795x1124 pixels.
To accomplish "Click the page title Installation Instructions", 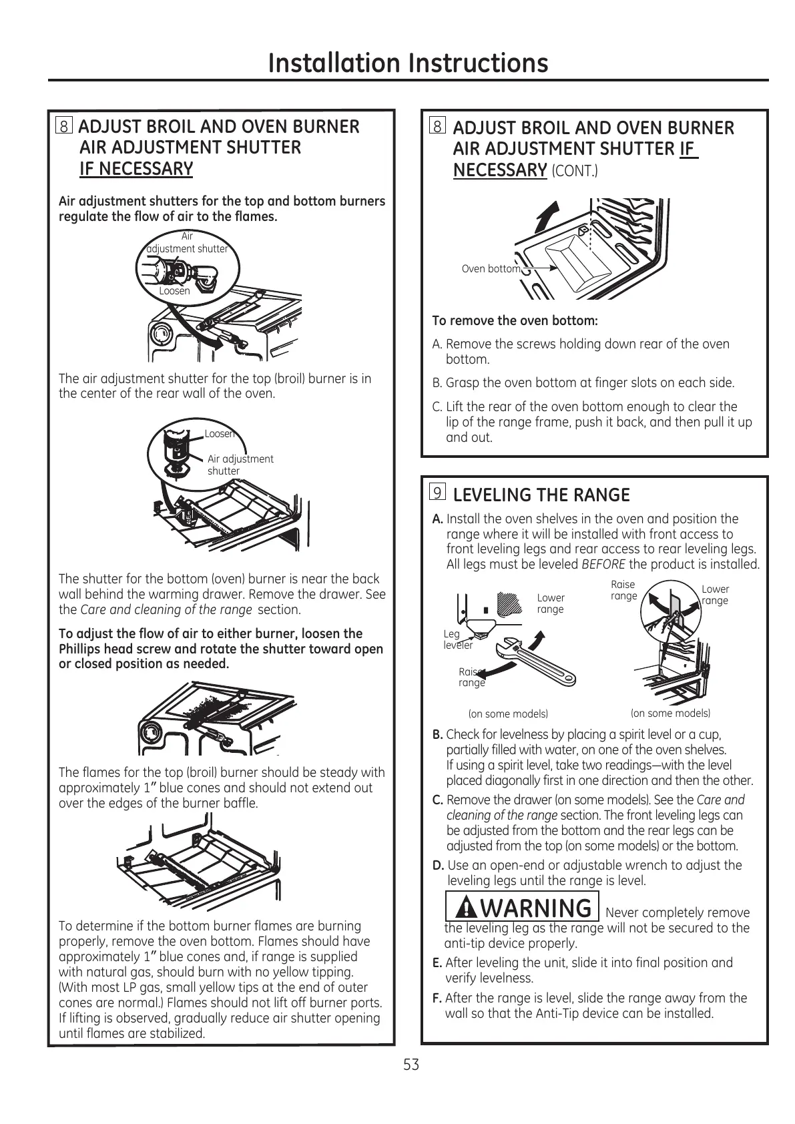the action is (x=408, y=63).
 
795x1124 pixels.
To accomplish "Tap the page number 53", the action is (x=411, y=1065).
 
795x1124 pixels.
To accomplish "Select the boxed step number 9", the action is (x=437, y=493).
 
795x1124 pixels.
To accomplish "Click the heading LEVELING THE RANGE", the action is (x=541, y=495).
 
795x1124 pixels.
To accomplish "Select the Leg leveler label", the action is (x=458, y=640).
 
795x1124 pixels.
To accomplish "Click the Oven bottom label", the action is (x=491, y=269).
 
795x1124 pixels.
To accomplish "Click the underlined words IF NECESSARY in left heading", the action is (x=136, y=169).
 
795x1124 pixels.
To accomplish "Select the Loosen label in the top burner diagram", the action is (x=174, y=291).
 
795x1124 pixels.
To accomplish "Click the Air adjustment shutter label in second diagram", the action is (x=240, y=465).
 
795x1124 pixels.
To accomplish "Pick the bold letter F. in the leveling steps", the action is (x=438, y=999).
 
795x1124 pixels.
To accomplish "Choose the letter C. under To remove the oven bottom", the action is (x=438, y=407).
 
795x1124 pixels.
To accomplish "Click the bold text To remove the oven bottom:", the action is (x=515, y=321).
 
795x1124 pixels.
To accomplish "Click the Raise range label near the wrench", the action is (x=471, y=677).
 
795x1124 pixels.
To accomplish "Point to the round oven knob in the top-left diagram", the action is (x=160, y=334).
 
